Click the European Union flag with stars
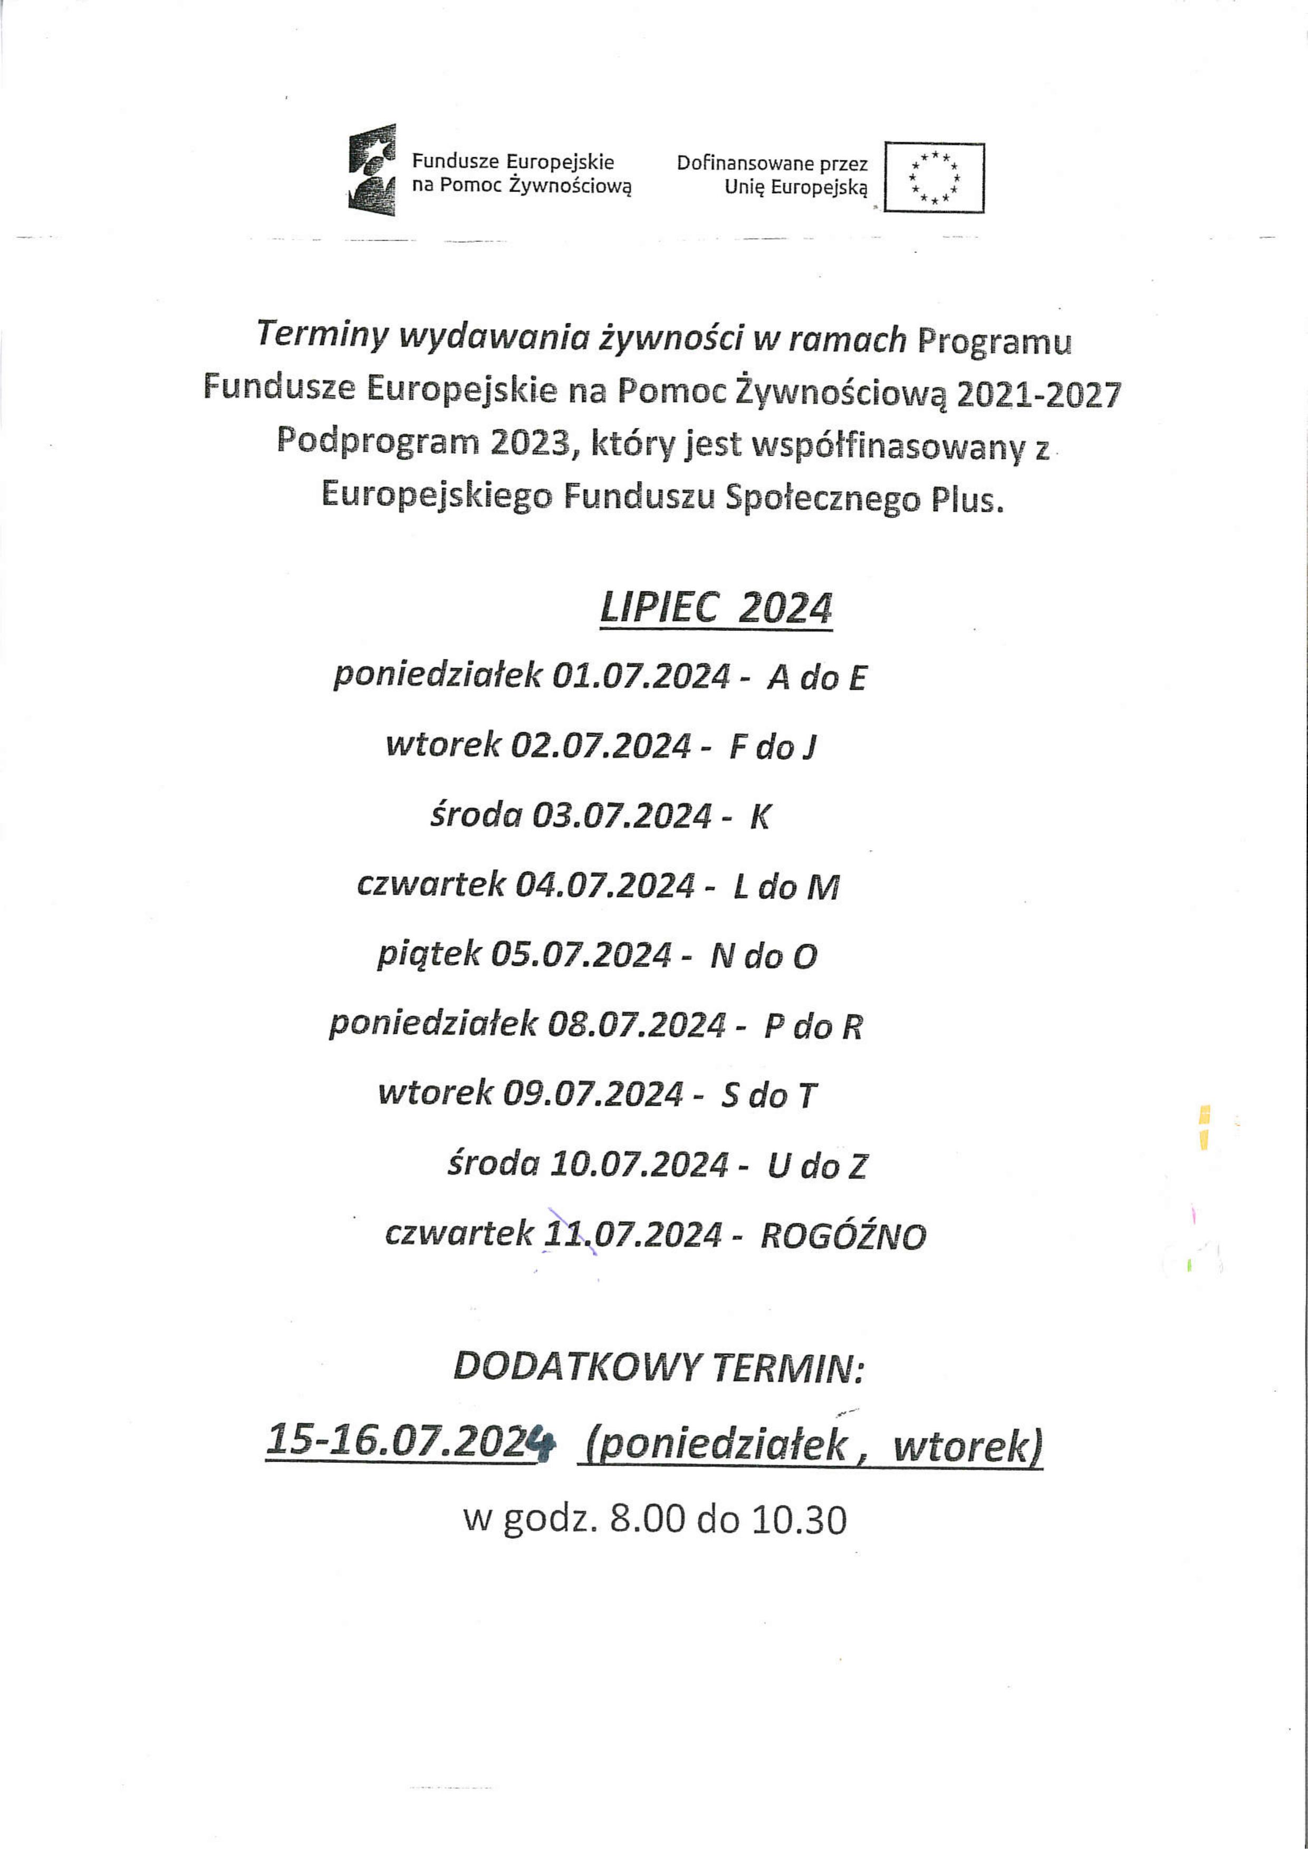point(934,177)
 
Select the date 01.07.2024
point(641,676)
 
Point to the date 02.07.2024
point(600,746)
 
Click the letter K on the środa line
point(759,817)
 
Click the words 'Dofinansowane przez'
point(772,164)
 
